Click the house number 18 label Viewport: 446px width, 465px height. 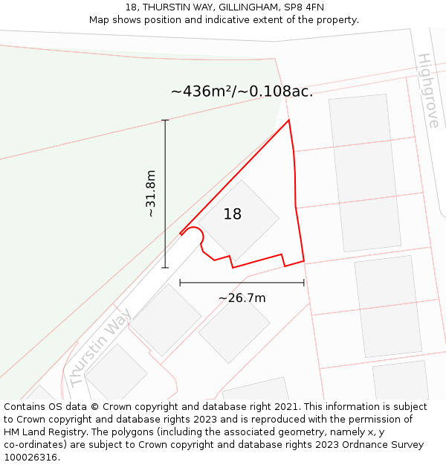click(233, 214)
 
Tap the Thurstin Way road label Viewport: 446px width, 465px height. click(100, 347)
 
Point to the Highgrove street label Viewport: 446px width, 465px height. click(428, 90)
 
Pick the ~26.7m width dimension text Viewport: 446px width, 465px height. click(242, 298)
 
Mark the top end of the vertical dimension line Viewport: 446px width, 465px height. click(165, 120)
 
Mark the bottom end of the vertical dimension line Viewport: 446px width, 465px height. click(165, 268)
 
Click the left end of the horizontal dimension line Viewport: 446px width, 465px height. click(180, 283)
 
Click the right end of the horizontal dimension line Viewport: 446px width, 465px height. click(304, 283)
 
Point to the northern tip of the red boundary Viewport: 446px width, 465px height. click(288, 120)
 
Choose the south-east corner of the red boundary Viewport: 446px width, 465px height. click(304, 260)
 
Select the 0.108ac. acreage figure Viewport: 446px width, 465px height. click(280, 92)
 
